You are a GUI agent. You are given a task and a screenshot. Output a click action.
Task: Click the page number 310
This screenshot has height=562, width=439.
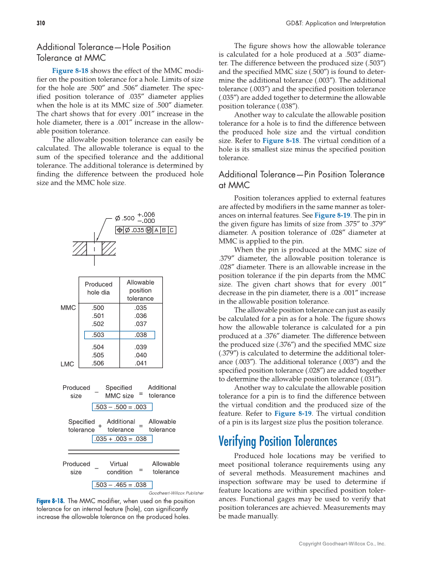[41, 23]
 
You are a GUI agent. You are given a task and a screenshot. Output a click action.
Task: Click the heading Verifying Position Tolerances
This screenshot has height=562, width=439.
[278, 441]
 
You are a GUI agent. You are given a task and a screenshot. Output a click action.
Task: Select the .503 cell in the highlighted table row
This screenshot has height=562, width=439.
[98, 335]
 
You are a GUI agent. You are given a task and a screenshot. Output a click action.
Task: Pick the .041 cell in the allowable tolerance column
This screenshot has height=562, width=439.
[140, 363]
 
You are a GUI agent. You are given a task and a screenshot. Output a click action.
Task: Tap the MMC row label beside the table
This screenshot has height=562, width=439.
[68, 308]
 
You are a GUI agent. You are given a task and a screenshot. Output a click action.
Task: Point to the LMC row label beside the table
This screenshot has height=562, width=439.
[67, 364]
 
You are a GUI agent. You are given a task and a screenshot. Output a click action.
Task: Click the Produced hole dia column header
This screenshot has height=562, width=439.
[98, 288]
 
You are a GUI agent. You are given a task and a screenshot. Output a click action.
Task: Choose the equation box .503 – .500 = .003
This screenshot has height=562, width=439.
[122, 407]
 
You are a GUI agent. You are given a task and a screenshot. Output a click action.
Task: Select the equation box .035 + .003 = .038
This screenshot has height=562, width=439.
[122, 439]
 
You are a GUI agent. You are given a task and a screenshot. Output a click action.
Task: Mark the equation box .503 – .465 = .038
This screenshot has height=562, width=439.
[122, 485]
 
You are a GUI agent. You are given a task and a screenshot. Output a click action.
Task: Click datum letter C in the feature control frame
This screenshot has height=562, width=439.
[172, 230]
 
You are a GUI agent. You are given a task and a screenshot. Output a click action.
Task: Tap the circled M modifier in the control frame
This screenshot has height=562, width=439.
[148, 230]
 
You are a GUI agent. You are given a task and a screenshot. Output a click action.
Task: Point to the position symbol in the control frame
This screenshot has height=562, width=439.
[119, 230]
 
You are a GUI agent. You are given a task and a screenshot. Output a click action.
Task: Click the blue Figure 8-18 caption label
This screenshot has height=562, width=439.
[50, 501]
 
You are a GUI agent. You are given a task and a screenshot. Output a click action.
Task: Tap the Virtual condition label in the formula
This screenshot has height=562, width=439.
[119, 468]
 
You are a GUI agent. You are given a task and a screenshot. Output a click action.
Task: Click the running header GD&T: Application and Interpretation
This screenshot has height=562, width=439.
[336, 23]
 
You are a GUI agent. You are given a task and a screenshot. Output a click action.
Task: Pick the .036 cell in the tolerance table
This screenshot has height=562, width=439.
[140, 316]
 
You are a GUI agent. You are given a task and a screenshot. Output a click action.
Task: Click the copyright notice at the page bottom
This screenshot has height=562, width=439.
[342, 543]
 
